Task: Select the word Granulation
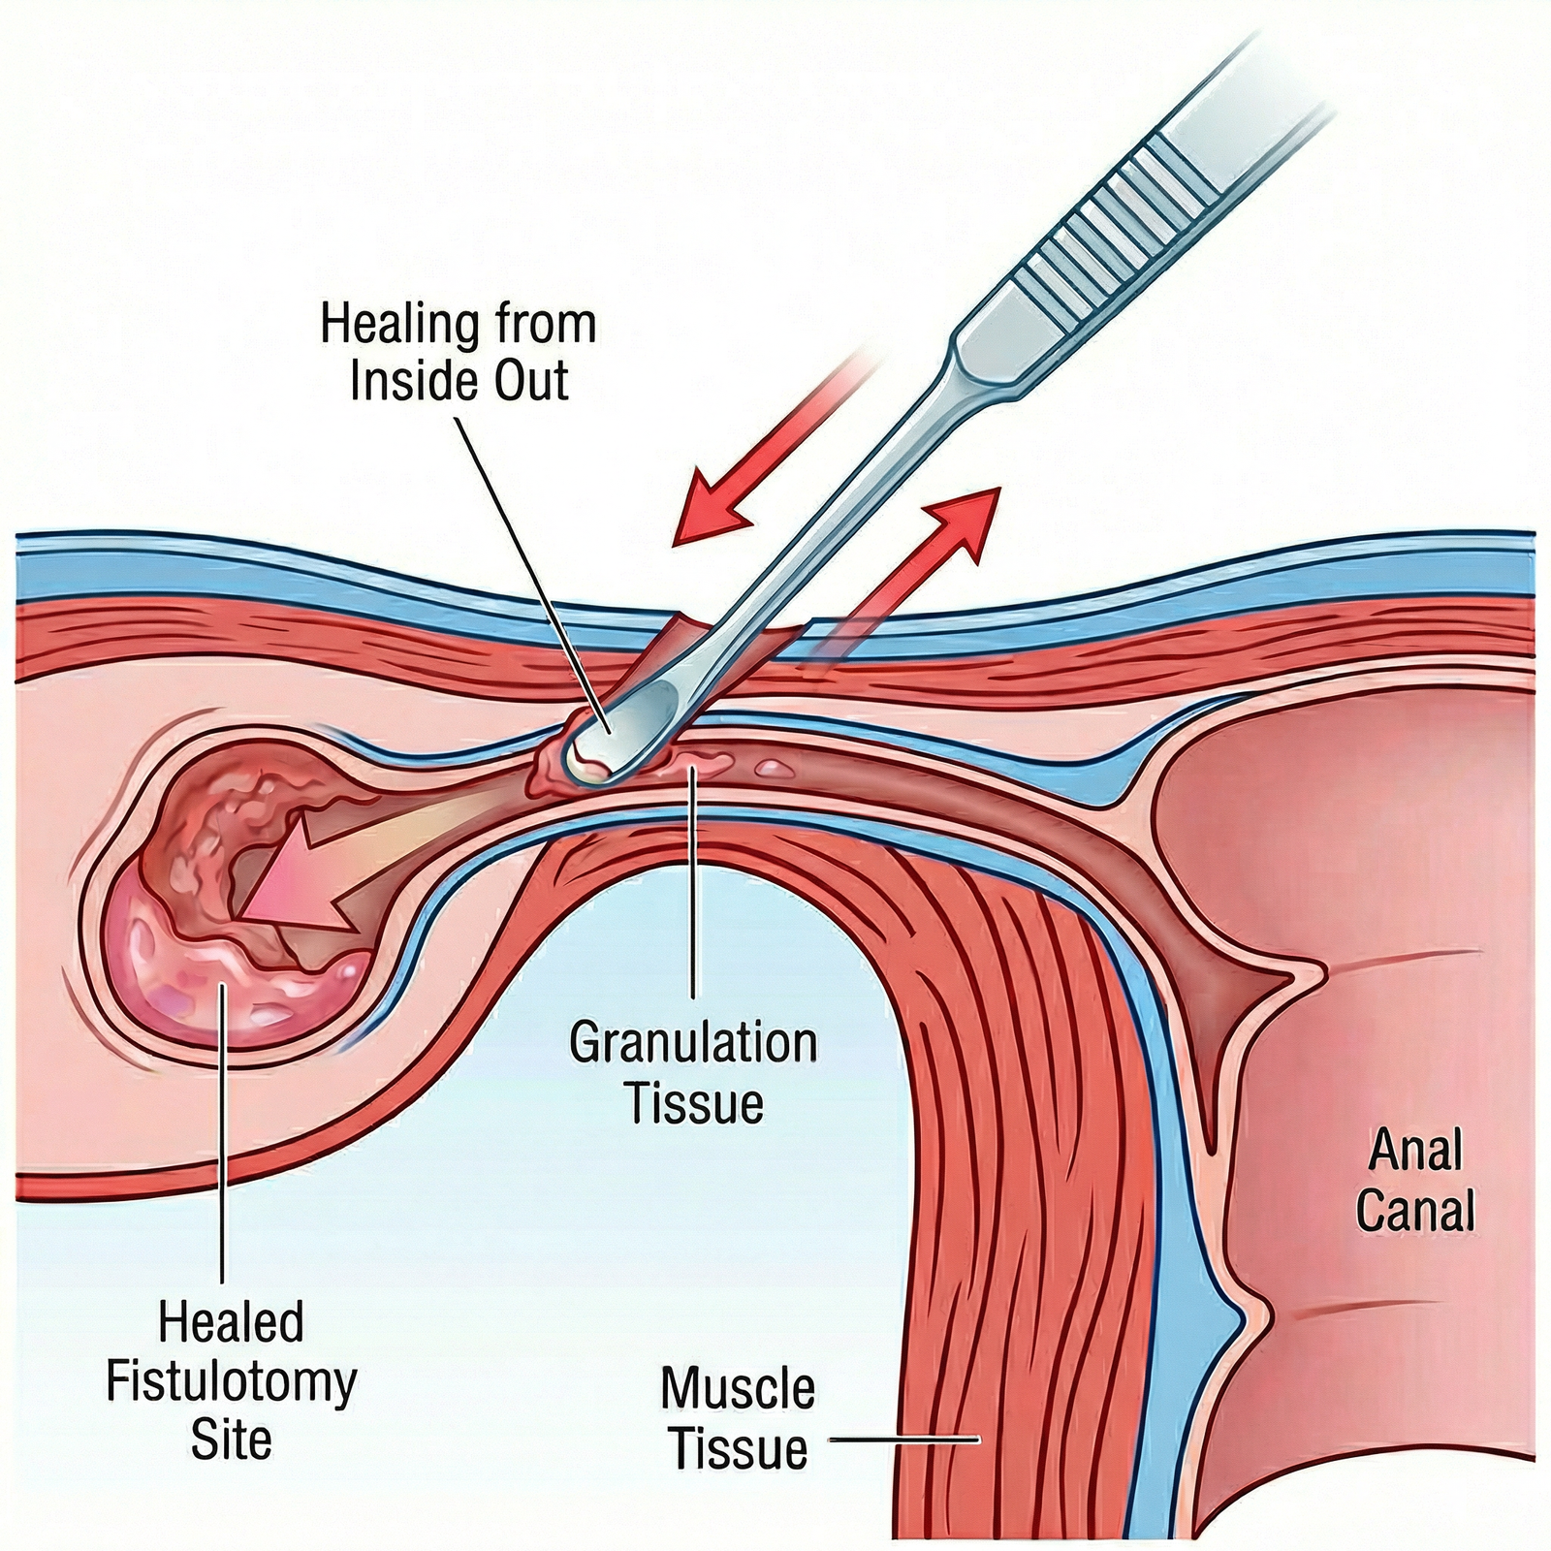[x=692, y=1045]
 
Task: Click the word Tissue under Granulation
[x=694, y=1103]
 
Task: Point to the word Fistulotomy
[x=231, y=1380]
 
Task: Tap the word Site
[x=231, y=1439]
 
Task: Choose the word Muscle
[x=737, y=1390]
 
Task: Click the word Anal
[x=1415, y=1152]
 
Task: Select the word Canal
[x=1415, y=1212]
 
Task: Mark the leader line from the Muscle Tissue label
[x=906, y=1440]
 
